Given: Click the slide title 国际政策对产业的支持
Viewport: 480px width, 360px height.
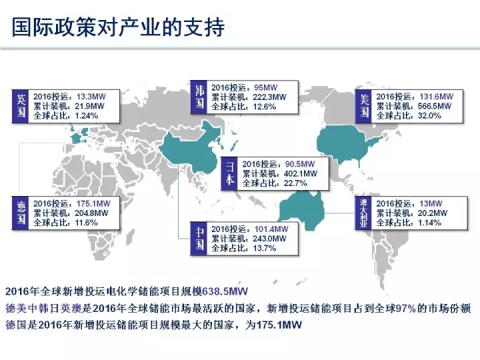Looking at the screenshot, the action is (118, 27).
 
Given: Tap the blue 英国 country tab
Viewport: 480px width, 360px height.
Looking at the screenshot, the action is (21, 106).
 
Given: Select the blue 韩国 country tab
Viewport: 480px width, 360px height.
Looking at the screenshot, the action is (199, 97).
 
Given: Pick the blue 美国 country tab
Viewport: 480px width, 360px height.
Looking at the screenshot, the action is (363, 106).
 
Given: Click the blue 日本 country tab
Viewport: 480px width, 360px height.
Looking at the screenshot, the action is (229, 173).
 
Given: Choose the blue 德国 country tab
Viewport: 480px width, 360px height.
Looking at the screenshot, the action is (21, 213).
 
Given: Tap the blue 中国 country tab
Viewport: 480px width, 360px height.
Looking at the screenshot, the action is (199, 239).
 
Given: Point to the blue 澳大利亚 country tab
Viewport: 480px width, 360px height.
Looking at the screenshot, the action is (363, 213).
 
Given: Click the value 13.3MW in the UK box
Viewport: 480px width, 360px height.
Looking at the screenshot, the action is (91, 97).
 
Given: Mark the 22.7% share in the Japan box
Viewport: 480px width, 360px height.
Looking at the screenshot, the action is (295, 183).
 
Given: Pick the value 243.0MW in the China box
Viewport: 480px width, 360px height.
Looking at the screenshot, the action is (269, 239).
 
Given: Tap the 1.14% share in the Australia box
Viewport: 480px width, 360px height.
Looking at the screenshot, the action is (429, 223).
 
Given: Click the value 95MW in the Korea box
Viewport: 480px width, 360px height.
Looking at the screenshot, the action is (266, 87).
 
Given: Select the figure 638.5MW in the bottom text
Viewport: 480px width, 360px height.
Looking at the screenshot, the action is (225, 291).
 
